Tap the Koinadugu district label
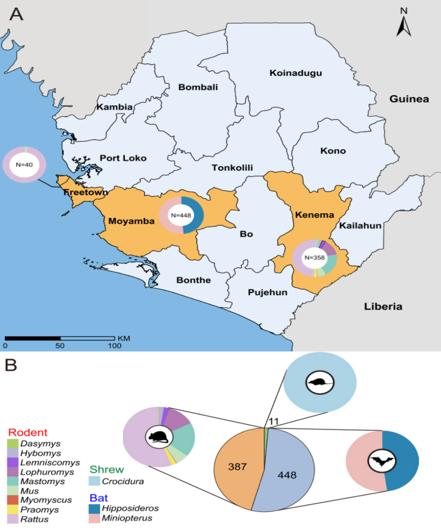point(296,73)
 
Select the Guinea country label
point(409,99)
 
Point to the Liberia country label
point(383,306)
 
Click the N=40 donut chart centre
point(24,165)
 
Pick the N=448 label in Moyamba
point(181,215)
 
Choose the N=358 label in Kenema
point(314,258)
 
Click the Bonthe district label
point(194,280)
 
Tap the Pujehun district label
point(267,293)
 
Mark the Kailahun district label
point(360,226)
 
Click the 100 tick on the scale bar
point(115,346)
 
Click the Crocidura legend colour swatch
point(94,481)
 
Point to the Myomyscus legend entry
point(46,500)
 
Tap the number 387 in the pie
point(237,467)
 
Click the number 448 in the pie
point(287,475)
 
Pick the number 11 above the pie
point(273,421)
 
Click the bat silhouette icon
point(382,461)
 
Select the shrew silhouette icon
point(320,383)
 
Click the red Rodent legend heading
point(28,432)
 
